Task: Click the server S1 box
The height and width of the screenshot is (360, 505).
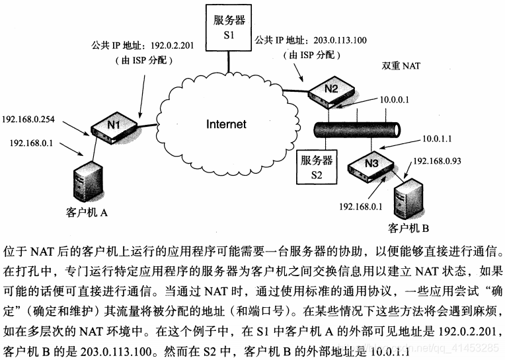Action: [227, 27]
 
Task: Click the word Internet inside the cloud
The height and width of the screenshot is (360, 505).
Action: [226, 124]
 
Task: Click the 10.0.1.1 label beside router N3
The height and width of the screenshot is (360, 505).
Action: [437, 139]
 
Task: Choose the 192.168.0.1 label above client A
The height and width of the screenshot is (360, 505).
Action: [31, 142]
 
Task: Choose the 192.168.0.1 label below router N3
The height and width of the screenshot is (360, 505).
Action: [361, 206]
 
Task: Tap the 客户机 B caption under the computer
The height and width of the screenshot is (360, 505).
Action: [409, 229]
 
